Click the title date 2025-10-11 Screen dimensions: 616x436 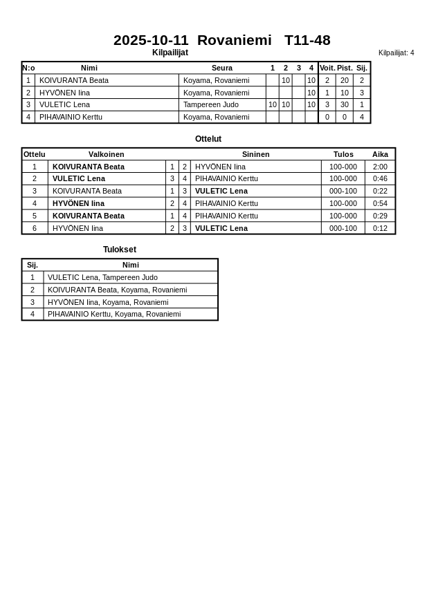click(x=151, y=40)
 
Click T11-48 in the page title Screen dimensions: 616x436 click(x=307, y=40)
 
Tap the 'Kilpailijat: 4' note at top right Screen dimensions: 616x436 click(x=396, y=53)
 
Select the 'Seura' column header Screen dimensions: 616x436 click(x=221, y=68)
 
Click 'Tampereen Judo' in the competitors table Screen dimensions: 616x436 click(x=210, y=104)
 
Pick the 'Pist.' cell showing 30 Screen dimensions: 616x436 click(x=344, y=104)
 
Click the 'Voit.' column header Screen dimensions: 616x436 click(x=327, y=68)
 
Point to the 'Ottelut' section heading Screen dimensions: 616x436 click(x=208, y=139)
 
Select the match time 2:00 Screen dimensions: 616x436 click(x=380, y=167)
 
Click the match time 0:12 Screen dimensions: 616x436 click(x=380, y=228)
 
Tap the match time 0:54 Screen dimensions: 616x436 click(x=380, y=203)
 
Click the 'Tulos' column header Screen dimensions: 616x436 click(x=343, y=154)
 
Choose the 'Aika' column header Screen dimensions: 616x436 click(x=380, y=154)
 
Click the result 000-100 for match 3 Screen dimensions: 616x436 click(x=343, y=191)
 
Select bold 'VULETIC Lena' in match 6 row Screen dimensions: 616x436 click(x=221, y=228)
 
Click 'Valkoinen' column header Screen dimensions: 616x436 click(x=106, y=154)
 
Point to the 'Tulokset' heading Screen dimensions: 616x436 click(x=119, y=250)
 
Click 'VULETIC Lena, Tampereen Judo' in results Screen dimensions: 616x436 click(x=102, y=277)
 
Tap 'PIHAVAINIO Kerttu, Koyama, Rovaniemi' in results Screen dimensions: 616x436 click(x=113, y=314)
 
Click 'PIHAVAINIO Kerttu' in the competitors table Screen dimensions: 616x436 click(x=71, y=117)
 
